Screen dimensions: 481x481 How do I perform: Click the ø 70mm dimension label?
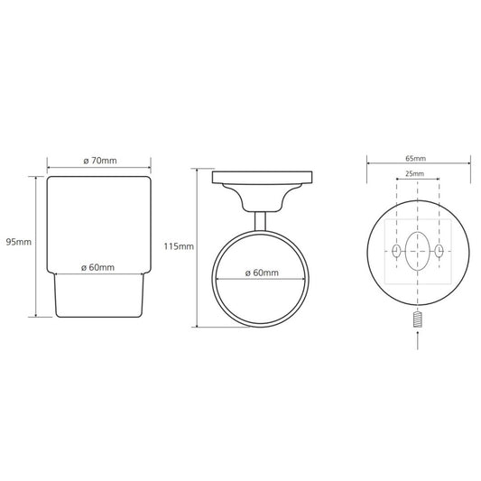click(x=100, y=161)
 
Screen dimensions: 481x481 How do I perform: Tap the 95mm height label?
click(x=19, y=242)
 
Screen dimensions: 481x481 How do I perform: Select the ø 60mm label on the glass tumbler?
click(x=97, y=267)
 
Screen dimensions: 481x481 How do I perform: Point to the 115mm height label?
click(x=179, y=246)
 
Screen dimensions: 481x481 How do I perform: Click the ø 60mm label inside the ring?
click(x=262, y=273)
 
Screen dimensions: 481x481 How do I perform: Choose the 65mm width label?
click(x=416, y=159)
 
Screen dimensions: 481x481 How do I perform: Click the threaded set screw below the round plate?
click(x=418, y=320)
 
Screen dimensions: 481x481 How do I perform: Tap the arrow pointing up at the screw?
click(x=418, y=340)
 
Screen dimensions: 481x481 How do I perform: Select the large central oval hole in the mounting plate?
click(x=417, y=252)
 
